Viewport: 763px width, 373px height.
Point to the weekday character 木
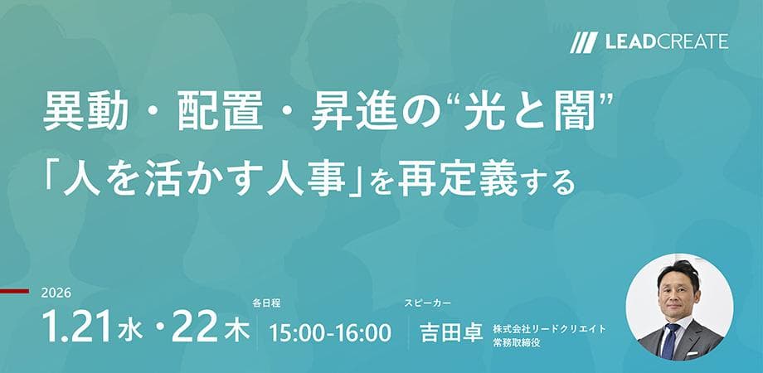(238, 332)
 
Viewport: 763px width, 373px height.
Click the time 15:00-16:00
(330, 332)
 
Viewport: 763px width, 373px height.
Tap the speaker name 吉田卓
(453, 332)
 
